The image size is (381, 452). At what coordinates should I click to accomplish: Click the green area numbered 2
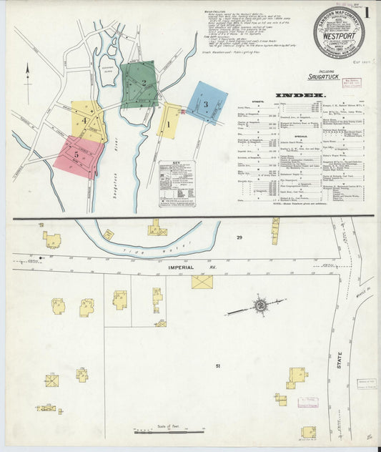(139, 84)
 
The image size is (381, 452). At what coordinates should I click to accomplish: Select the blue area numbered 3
(207, 103)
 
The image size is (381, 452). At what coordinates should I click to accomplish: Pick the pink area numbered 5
(77, 155)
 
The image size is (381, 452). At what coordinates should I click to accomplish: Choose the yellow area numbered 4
(88, 122)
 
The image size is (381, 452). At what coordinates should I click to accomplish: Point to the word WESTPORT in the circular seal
(338, 31)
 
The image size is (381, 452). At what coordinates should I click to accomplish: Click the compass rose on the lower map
(259, 307)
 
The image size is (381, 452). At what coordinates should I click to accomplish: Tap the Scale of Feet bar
(163, 431)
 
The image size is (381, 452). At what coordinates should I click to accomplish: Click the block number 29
(240, 237)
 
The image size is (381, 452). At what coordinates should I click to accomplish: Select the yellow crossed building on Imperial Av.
(202, 282)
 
